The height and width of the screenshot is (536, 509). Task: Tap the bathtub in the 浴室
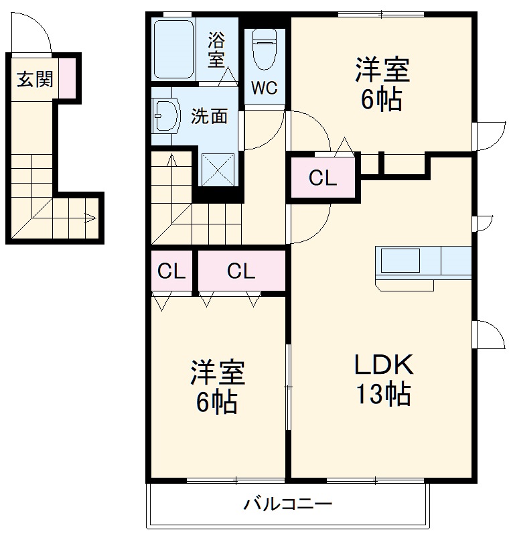(173, 50)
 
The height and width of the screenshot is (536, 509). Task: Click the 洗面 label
(209, 116)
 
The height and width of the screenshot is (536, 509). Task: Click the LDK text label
(384, 365)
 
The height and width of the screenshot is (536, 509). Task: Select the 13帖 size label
(383, 395)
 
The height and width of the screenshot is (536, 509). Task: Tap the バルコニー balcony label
(287, 503)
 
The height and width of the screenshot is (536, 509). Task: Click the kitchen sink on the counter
(401, 259)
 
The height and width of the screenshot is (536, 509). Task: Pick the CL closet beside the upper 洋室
(322, 178)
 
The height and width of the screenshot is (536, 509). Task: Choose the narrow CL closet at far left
(171, 271)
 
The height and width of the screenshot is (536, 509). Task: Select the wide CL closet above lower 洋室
(240, 271)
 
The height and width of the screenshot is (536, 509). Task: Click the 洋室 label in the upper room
(382, 70)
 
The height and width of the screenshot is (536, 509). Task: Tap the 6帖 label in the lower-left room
(217, 401)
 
